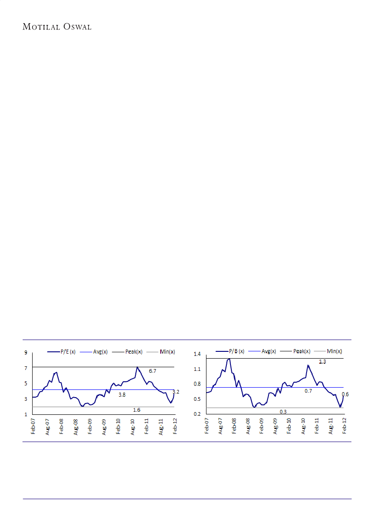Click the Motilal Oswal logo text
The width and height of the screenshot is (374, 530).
pyautogui.click(x=57, y=27)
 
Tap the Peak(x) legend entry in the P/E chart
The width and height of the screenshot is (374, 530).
pyautogui.click(x=134, y=352)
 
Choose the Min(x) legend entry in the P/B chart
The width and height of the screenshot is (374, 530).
pyautogui.click(x=333, y=351)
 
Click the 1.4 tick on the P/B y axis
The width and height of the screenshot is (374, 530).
pyautogui.click(x=197, y=354)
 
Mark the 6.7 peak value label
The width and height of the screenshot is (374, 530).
pyautogui.click(x=153, y=371)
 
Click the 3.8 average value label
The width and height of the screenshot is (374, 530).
pyautogui.click(x=122, y=395)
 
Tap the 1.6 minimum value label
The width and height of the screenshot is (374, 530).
pyautogui.click(x=137, y=410)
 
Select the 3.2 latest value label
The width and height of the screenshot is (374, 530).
pyautogui.click(x=176, y=391)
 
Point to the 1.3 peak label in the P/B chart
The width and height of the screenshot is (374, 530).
pyautogui.click(x=322, y=362)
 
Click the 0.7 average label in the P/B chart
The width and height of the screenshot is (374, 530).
pyautogui.click(x=308, y=391)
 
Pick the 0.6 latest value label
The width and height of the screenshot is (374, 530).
pyautogui.click(x=345, y=394)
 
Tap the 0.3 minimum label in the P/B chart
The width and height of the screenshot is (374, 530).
pyautogui.click(x=283, y=411)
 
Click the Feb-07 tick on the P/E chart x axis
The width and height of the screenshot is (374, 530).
pyautogui.click(x=33, y=427)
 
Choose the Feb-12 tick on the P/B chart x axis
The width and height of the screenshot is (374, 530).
pyautogui.click(x=345, y=427)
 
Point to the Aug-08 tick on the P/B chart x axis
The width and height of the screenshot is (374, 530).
pyautogui.click(x=248, y=427)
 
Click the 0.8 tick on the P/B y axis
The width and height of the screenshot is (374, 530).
pyautogui.click(x=197, y=384)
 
